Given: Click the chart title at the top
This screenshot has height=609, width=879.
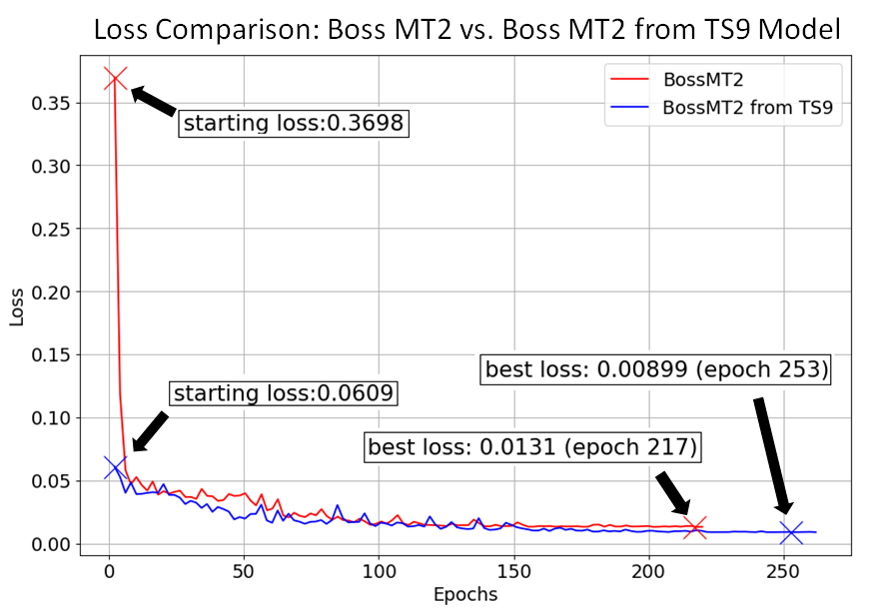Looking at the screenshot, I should pyautogui.click(x=466, y=30).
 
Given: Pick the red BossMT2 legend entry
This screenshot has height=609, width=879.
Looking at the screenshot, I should pyautogui.click(x=698, y=78).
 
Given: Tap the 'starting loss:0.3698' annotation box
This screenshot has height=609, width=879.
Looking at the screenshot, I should pyautogui.click(x=296, y=124).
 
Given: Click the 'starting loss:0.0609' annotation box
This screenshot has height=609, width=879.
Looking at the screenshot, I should pyautogui.click(x=283, y=393).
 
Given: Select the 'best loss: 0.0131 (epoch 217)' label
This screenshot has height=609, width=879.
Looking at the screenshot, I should pyautogui.click(x=532, y=447).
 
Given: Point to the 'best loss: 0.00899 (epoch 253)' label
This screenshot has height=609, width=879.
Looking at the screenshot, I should pyautogui.click(x=657, y=369).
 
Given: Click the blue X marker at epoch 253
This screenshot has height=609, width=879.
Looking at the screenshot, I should pyautogui.click(x=791, y=533).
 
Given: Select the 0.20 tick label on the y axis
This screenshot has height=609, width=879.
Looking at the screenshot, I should pyautogui.click(x=59, y=292).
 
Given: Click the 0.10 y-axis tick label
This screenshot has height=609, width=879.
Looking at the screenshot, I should pyautogui.click(x=59, y=417).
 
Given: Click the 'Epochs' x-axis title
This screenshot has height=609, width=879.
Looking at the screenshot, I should pyautogui.click(x=465, y=594).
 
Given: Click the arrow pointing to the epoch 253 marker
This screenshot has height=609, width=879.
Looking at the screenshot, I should pyautogui.click(x=774, y=455).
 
